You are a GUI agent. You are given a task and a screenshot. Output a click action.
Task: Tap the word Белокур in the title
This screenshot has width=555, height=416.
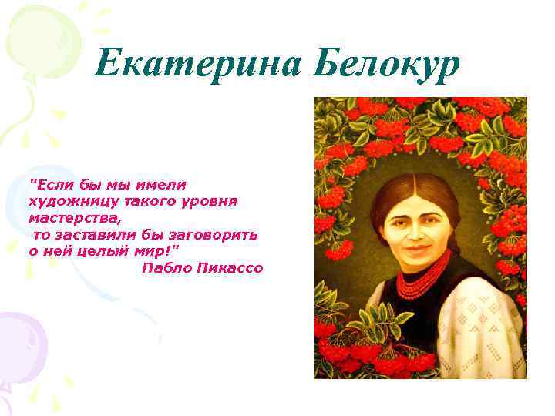387,62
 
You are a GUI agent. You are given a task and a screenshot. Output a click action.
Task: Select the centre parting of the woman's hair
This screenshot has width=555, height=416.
417,183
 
